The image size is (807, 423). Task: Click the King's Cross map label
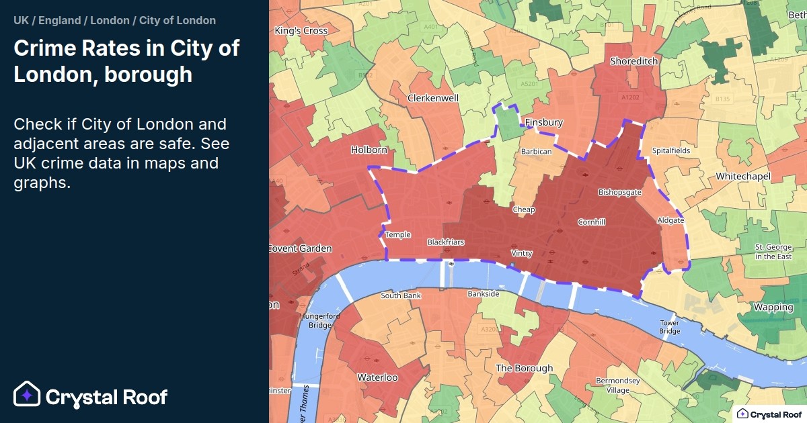click(x=301, y=31)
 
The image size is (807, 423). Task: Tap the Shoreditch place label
click(x=633, y=61)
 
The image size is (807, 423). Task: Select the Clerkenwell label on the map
click(x=433, y=98)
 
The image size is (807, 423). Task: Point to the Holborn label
click(x=369, y=150)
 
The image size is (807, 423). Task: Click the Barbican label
click(x=536, y=152)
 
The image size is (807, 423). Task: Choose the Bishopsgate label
click(x=619, y=192)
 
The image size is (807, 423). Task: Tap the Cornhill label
click(x=591, y=222)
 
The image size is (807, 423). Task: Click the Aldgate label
click(x=670, y=220)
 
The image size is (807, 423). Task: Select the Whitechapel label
click(x=743, y=176)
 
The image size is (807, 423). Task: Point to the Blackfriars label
click(x=446, y=242)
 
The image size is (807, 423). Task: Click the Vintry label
click(x=522, y=253)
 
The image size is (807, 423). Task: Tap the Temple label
click(x=397, y=235)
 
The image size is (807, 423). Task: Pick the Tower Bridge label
click(x=669, y=327)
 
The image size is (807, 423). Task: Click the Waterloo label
click(x=377, y=377)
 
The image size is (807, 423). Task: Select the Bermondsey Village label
click(x=618, y=385)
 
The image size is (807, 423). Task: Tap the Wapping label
click(x=773, y=308)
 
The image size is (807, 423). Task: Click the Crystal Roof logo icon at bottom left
click(x=28, y=395)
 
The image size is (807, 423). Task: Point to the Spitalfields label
click(x=670, y=150)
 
